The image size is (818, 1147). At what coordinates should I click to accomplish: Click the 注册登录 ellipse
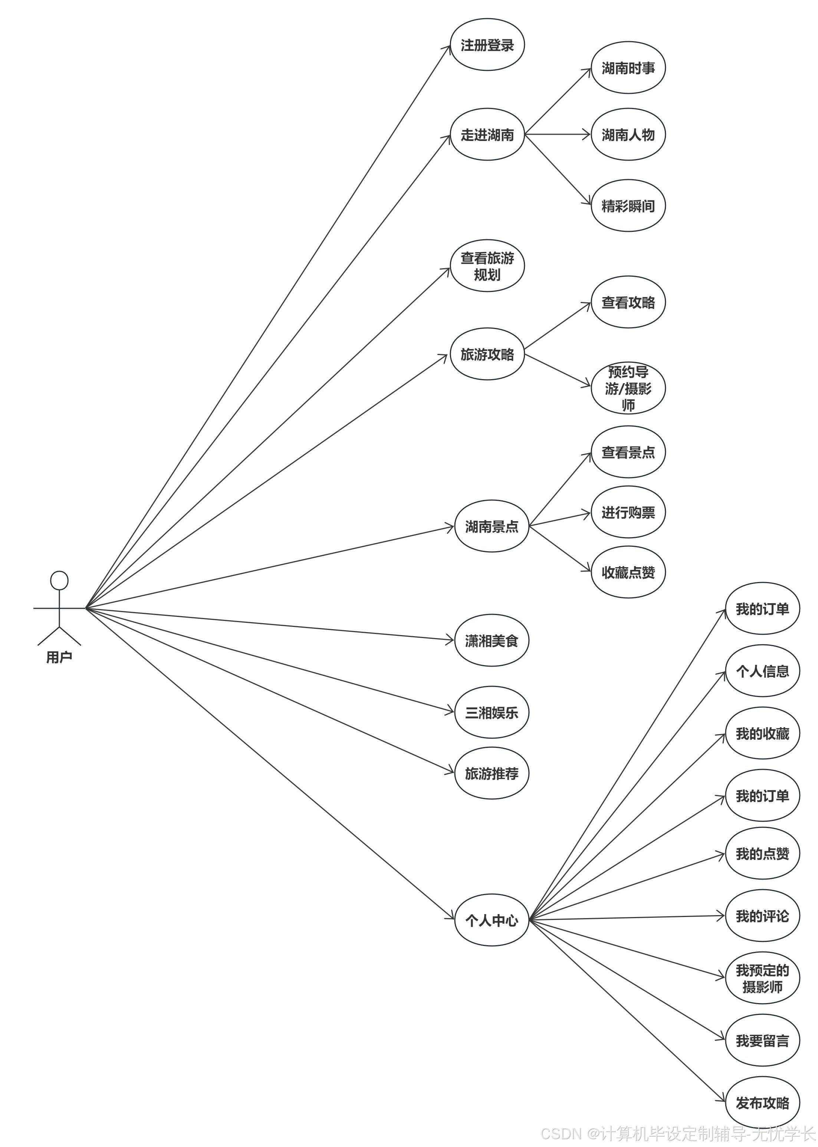click(x=487, y=45)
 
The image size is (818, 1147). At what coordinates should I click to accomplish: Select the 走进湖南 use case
click(x=487, y=135)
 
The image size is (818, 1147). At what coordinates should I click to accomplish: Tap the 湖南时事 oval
click(x=628, y=68)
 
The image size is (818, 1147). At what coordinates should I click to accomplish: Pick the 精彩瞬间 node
click(x=628, y=206)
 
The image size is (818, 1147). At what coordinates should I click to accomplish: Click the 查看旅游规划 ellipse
click(x=487, y=266)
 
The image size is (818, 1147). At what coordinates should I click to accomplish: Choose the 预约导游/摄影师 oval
click(x=628, y=388)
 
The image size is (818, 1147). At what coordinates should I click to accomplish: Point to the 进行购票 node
click(x=628, y=512)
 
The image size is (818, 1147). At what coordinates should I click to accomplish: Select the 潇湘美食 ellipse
click(x=491, y=641)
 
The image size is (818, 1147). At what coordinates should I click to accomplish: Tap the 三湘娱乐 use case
click(x=491, y=712)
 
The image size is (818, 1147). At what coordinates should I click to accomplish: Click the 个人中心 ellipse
click(x=491, y=921)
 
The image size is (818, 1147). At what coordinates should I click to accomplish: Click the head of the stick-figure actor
click(x=59, y=580)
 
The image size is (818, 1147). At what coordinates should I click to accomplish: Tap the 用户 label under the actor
click(x=59, y=657)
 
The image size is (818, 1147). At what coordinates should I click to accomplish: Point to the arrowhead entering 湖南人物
click(x=586, y=135)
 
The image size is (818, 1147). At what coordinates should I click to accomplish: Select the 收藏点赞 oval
click(x=628, y=572)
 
